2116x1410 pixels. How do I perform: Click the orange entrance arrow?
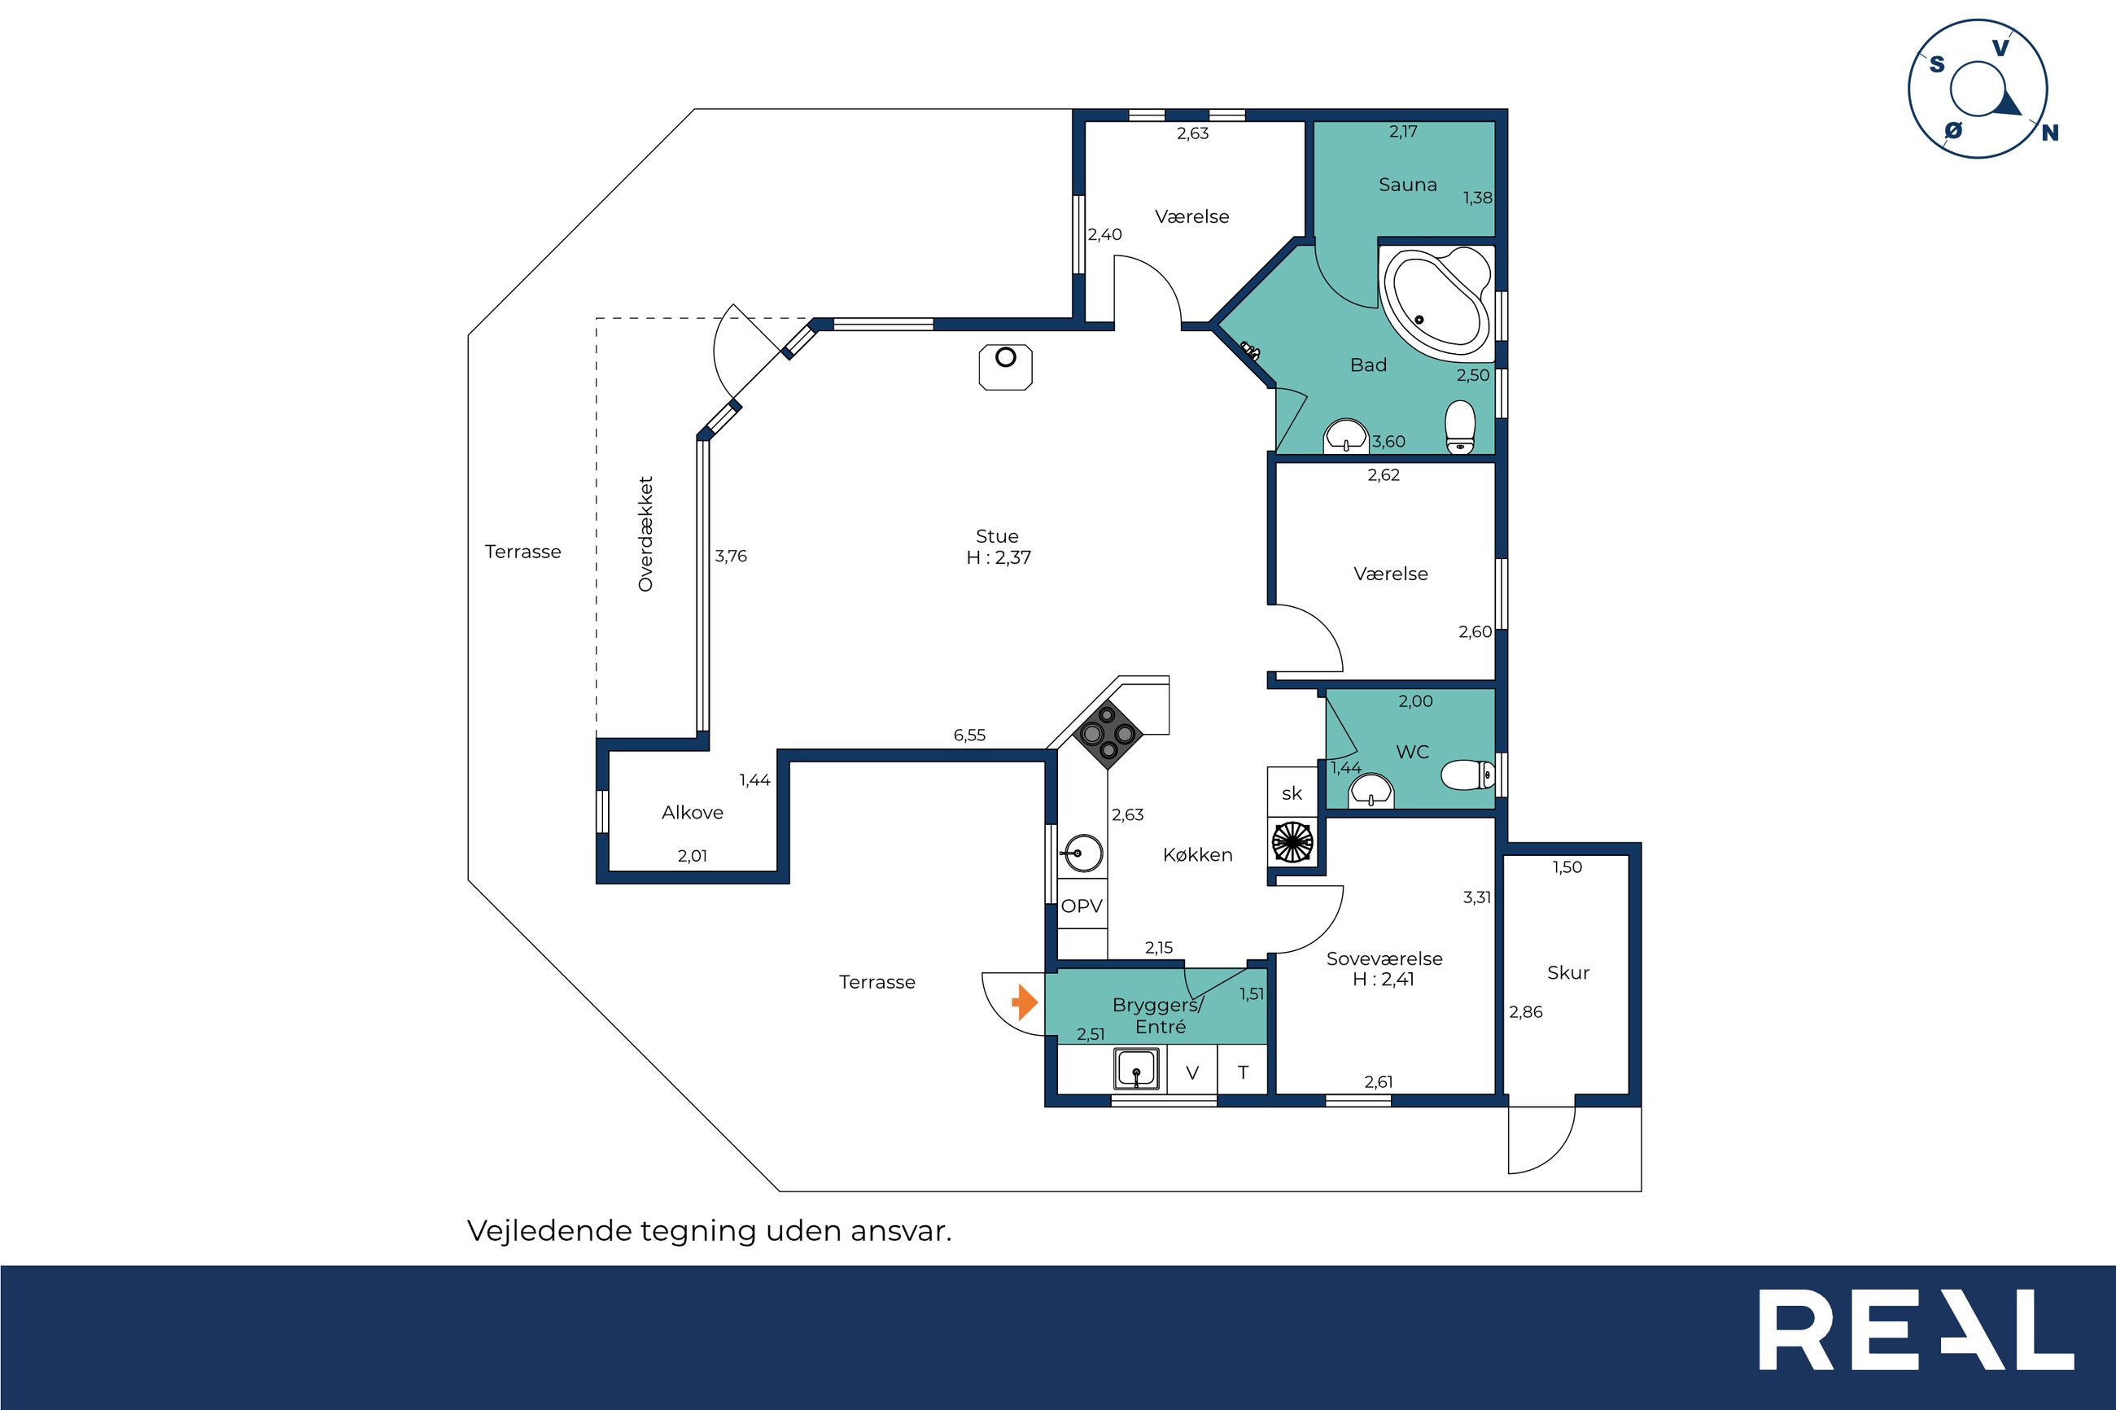tap(1025, 1002)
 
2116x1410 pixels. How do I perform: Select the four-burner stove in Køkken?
tap(1108, 735)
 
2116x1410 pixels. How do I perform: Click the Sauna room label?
tap(1407, 185)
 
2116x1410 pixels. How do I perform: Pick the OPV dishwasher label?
tap(1081, 906)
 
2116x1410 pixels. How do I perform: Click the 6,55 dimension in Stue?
tap(969, 735)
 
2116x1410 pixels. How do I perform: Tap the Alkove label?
tap(693, 812)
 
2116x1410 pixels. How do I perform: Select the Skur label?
tap(1568, 972)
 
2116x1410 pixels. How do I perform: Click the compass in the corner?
tap(1978, 89)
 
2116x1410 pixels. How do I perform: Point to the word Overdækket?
tap(645, 535)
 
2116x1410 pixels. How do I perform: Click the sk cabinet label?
tap(1292, 793)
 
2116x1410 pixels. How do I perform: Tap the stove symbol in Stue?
tap(1005, 367)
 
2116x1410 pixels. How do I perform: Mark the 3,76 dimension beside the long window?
tap(730, 556)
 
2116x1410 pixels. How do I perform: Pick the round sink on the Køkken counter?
tap(1081, 853)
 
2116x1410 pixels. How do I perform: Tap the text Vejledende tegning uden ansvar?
tap(709, 1231)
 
